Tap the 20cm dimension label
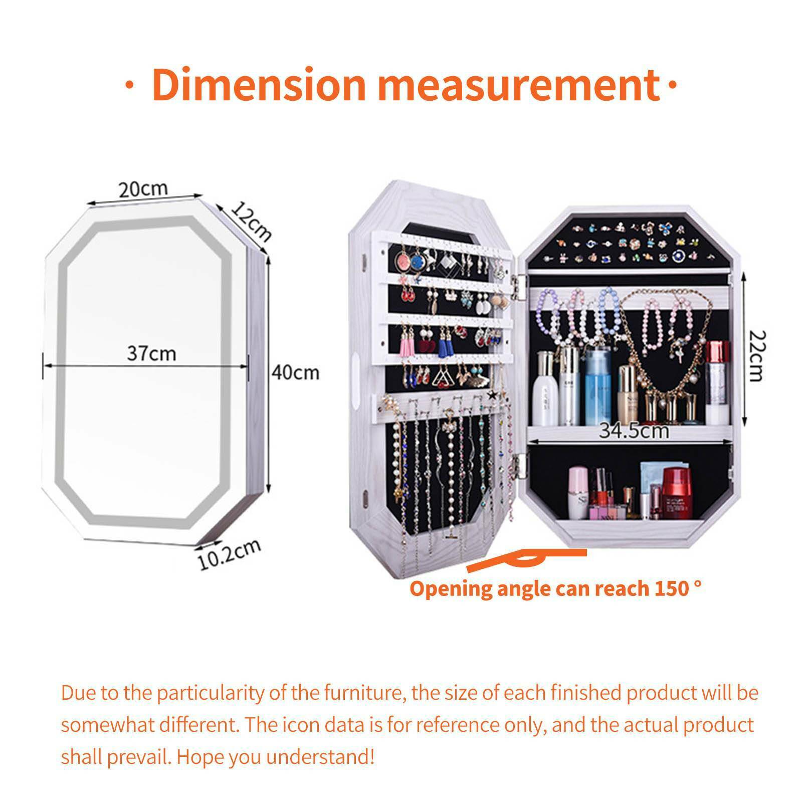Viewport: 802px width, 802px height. point(143,189)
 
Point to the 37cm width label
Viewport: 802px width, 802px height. point(151,353)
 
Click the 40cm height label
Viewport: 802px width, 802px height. point(295,372)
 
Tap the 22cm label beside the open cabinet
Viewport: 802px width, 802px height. point(754,355)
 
